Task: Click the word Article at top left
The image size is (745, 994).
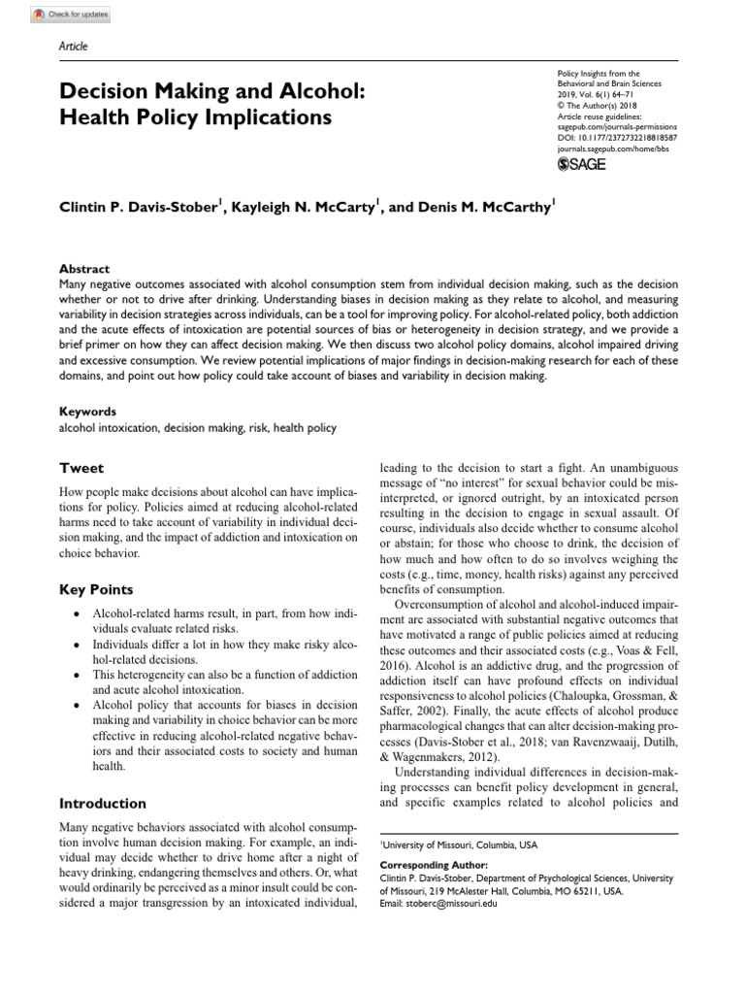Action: pyautogui.click(x=73, y=46)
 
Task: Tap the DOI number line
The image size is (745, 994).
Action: pyautogui.click(x=617, y=138)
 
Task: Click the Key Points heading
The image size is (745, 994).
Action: pyautogui.click(x=96, y=589)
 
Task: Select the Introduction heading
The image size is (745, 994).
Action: pyautogui.click(x=103, y=803)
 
